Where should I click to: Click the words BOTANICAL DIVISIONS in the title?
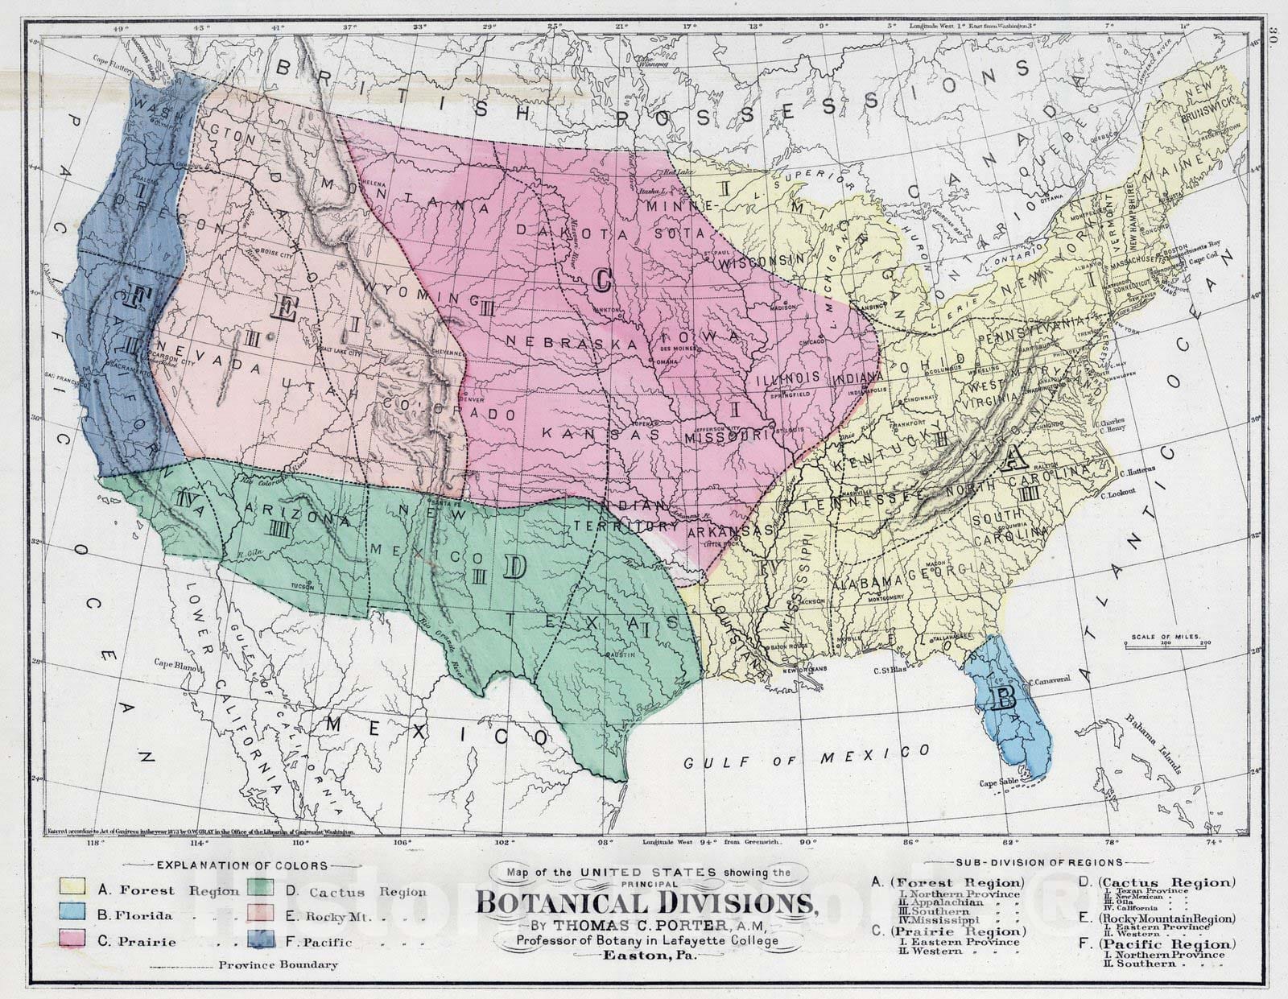(644, 900)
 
